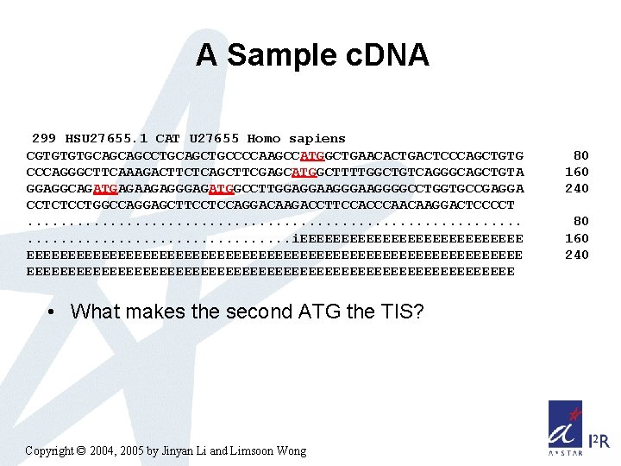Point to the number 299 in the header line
point(44,138)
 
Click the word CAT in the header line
point(168,138)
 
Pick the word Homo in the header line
point(264,138)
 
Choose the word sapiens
point(317,138)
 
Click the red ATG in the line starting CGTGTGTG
point(312,155)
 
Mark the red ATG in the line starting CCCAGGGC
point(304,172)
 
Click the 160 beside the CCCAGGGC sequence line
point(577,172)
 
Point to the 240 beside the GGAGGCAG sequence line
point(577,188)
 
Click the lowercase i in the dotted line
point(296,238)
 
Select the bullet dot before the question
point(53,312)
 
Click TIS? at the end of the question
point(401,312)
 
